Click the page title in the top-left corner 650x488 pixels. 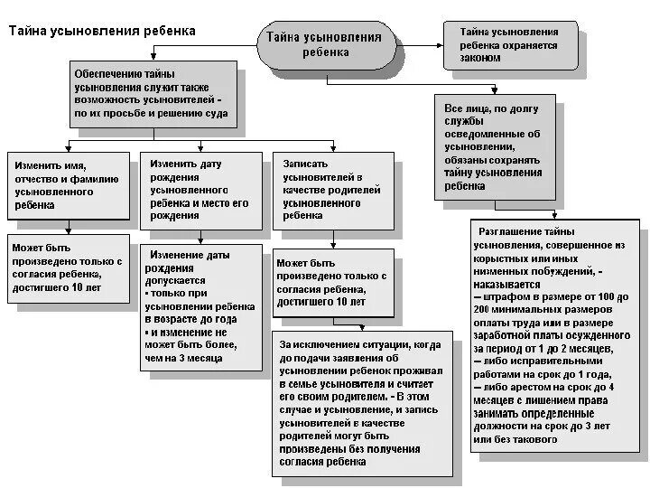pos(102,32)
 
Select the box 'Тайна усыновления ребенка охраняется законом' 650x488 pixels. pos(511,43)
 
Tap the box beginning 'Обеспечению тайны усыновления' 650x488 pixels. pos(154,94)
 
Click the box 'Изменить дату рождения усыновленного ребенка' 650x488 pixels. pos(200,189)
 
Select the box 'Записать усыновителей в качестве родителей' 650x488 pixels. pos(332,190)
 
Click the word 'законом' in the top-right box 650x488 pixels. pos(479,57)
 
